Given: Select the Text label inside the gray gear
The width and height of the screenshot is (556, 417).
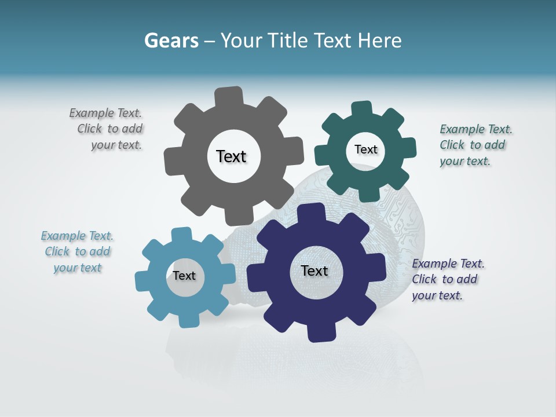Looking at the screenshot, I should (x=231, y=156).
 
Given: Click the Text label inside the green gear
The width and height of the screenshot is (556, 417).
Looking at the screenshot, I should (x=365, y=149).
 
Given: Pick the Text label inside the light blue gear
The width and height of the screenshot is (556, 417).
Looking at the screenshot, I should (x=184, y=276).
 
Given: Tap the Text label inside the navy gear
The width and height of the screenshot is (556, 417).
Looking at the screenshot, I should (x=314, y=270).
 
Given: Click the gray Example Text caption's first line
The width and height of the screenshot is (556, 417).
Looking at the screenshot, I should (x=105, y=113).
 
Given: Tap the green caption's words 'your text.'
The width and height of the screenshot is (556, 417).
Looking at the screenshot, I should (x=464, y=161).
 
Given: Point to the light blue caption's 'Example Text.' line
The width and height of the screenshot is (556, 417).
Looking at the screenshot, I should (x=77, y=236).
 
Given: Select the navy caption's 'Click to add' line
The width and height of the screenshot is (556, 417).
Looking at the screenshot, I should (x=444, y=279).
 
